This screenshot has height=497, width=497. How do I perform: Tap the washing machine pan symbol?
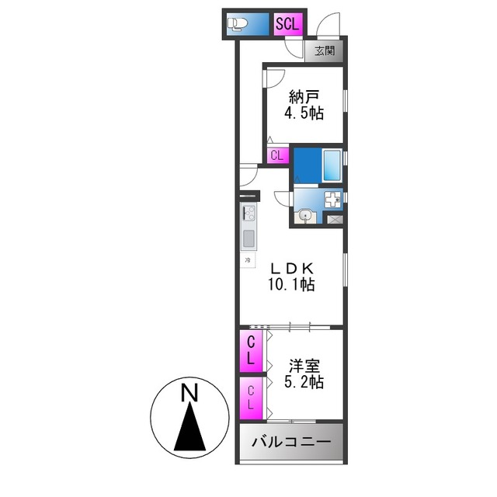pos(333,200)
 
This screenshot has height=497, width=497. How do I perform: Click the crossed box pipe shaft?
pos(335,220)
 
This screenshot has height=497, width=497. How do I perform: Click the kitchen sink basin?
pos(248,238)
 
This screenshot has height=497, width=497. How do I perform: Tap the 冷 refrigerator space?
pos(248,260)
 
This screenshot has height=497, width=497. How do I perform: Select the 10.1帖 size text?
pos(290,285)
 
